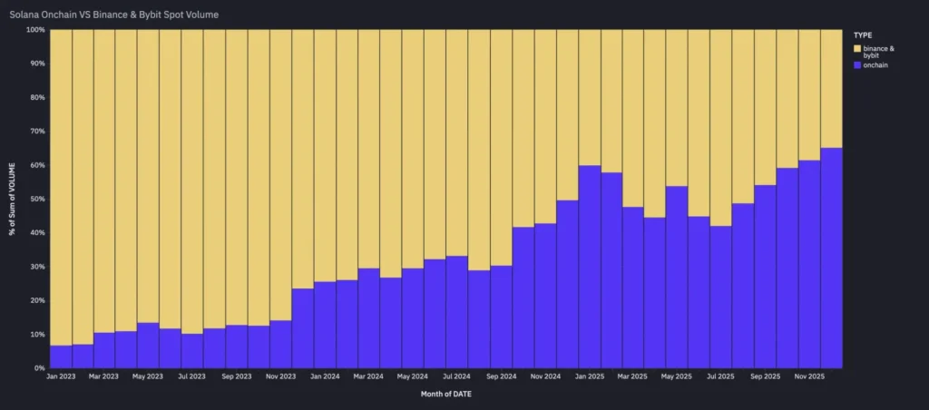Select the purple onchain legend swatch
pyautogui.click(x=858, y=65)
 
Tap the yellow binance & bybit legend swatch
pyautogui.click(x=858, y=47)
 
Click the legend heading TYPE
pyautogui.click(x=863, y=34)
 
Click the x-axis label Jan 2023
pyautogui.click(x=61, y=376)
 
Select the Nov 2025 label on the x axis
pyautogui.click(x=810, y=376)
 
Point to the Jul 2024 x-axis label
pyautogui.click(x=457, y=376)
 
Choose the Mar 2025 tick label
pyautogui.click(x=633, y=376)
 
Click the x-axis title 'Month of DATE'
pyautogui.click(x=445, y=395)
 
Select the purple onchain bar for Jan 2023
pyautogui.click(x=61, y=356)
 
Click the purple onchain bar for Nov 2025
pyautogui.click(x=810, y=264)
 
